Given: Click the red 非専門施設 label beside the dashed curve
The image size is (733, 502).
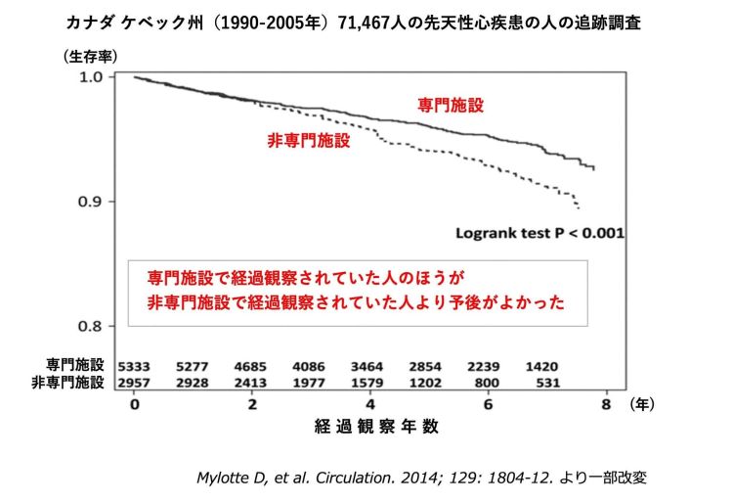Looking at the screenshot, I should pyautogui.click(x=309, y=140).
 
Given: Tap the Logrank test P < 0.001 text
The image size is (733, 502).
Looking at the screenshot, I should pyautogui.click(x=540, y=234).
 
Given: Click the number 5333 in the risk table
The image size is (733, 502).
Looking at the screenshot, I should pyautogui.click(x=135, y=365).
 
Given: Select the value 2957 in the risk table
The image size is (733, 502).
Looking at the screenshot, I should pyautogui.click(x=135, y=383).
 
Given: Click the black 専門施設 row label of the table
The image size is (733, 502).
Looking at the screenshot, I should pyautogui.click(x=74, y=365).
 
